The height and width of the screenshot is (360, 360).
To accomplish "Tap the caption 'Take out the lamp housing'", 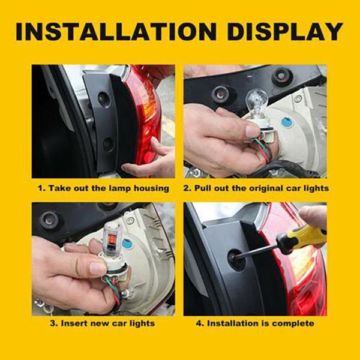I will coord(103,188).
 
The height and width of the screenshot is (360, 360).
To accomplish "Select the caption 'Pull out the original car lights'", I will coord(256,188).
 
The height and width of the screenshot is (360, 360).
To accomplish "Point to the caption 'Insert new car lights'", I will coord(103,323).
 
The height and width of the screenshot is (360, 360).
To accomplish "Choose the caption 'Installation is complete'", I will coord(256,323).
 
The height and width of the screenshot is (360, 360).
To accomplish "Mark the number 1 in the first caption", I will coord(40,188).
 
